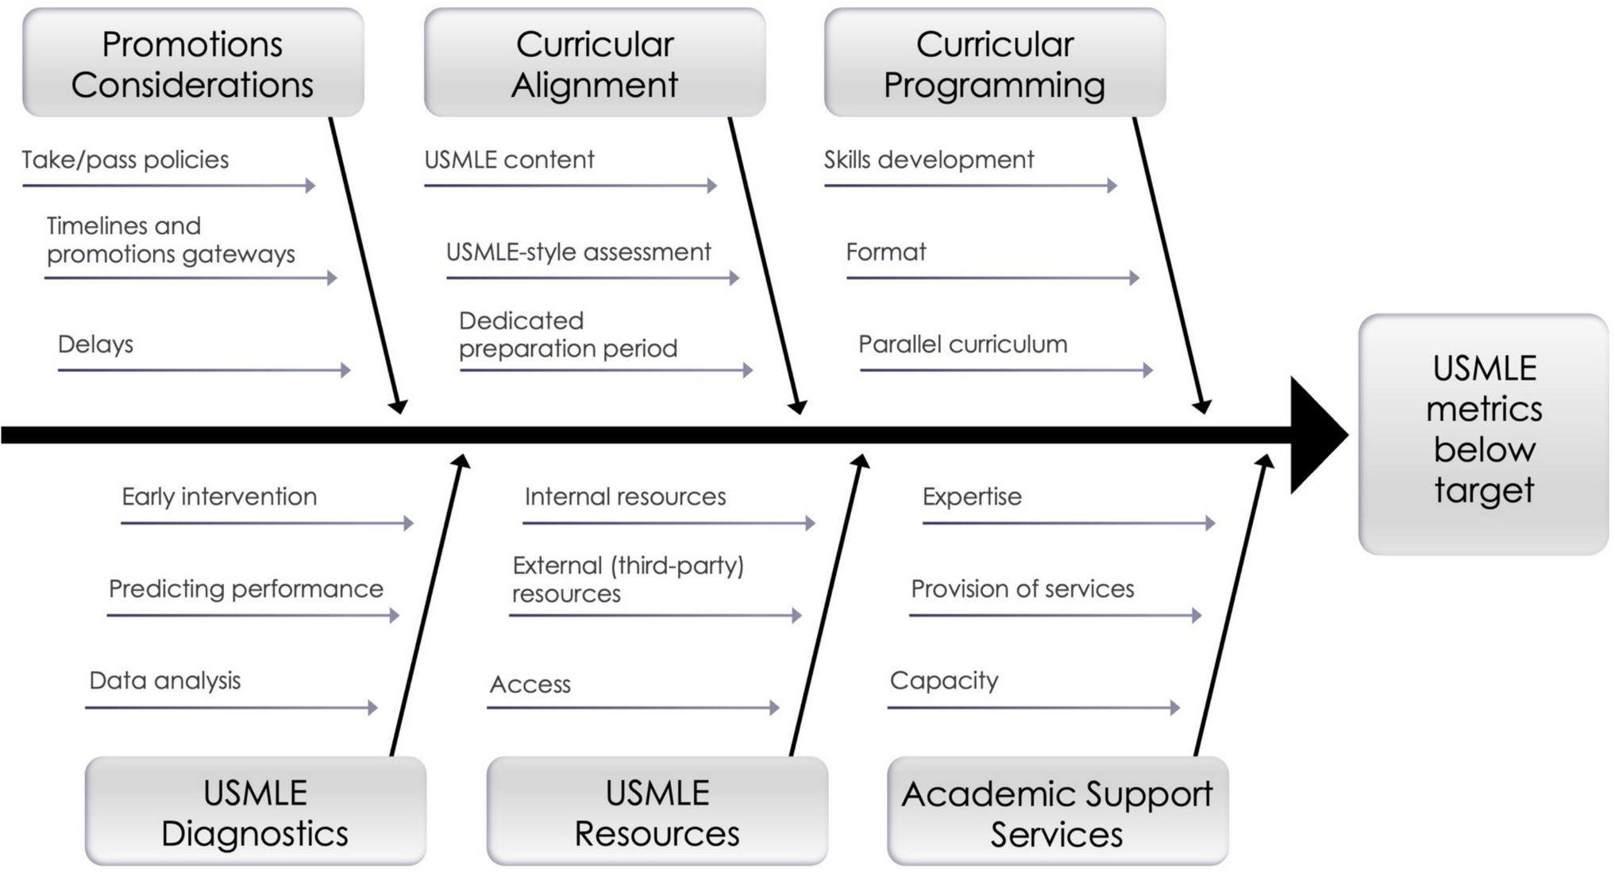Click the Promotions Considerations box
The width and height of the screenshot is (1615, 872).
[193, 63]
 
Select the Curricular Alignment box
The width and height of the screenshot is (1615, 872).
[595, 63]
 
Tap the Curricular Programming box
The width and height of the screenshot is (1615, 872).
[995, 63]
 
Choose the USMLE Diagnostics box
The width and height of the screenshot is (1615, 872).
[255, 812]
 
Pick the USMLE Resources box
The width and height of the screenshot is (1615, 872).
[657, 812]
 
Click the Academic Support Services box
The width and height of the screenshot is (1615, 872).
[1058, 812]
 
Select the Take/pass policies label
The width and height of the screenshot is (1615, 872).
[125, 160]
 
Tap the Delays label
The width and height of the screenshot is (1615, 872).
[95, 344]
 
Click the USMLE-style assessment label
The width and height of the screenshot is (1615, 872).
[578, 252]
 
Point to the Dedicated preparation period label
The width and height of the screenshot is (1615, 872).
[568, 335]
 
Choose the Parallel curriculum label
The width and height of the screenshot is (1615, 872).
[962, 344]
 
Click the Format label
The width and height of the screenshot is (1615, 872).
[885, 252]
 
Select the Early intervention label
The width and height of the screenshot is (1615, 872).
[219, 497]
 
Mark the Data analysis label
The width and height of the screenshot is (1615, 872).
[164, 681]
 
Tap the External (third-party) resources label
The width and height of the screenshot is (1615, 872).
[627, 580]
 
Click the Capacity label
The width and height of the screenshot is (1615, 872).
[943, 681]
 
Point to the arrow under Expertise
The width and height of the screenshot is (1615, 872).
[1068, 524]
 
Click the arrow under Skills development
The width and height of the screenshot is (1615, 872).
[970, 186]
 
